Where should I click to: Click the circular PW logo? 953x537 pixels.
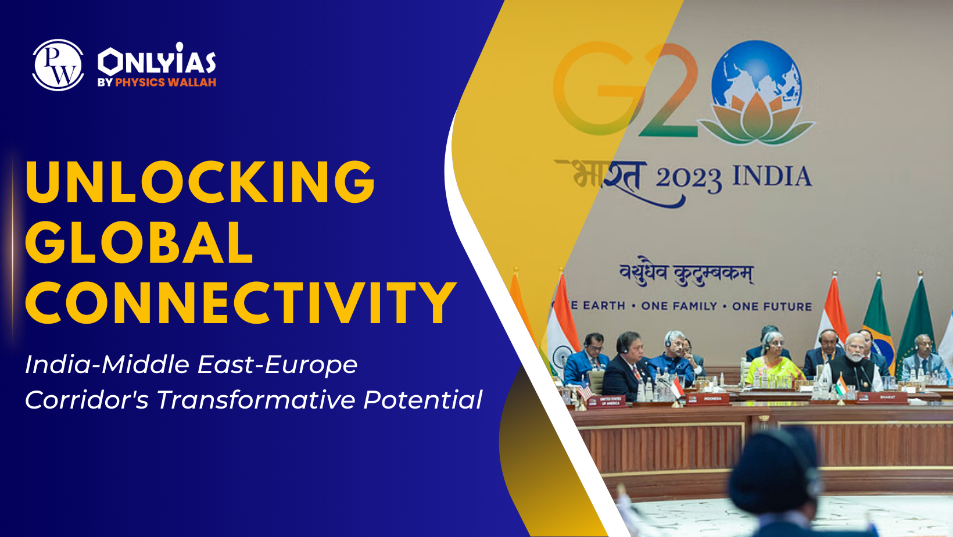58,65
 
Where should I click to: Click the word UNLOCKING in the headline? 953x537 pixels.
200,182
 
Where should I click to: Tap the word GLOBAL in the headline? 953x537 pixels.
139,242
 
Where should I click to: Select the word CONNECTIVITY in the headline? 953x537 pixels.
241,303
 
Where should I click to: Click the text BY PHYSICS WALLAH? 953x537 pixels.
157,83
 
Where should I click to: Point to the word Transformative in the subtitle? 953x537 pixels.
256,400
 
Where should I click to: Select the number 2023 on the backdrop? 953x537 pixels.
689,179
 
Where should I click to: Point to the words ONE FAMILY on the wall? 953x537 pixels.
679,306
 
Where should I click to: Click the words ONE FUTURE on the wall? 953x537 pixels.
772,306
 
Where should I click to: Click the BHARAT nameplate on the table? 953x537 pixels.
887,397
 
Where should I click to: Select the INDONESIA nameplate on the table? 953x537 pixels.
712,399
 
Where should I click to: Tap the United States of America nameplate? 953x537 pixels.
610,400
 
